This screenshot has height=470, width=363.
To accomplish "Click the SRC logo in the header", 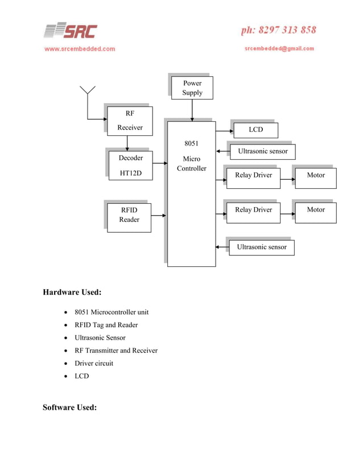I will tap(71, 31).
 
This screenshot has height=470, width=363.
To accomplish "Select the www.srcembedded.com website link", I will tap(80, 49).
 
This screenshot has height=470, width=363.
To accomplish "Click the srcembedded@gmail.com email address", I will tap(279, 49).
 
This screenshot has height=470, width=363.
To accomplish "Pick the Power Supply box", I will tap(192, 88).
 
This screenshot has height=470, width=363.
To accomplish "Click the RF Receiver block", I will tap(130, 120).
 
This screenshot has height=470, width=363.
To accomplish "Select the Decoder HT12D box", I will tap(130, 165).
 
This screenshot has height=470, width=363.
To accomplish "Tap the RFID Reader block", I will tap(129, 215).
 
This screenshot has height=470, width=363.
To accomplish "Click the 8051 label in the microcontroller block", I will tap(191, 143).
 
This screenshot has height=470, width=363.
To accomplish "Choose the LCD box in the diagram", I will tap(255, 130).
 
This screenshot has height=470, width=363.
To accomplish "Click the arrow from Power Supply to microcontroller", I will tap(192, 110).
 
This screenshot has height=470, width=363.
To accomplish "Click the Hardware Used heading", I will tap(72, 292).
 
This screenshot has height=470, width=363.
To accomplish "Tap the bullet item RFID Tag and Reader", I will tap(106, 325).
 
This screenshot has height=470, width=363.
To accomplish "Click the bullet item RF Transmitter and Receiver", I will tap(116, 351).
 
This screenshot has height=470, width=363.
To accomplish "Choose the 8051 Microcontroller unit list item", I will tap(112, 312).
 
